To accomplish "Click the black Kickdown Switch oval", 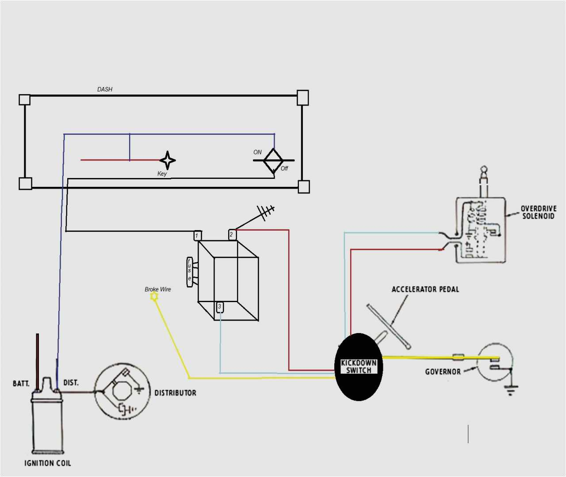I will (x=359, y=367).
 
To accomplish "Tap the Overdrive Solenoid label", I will (x=538, y=212).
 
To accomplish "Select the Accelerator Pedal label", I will (x=425, y=289).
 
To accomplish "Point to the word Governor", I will (x=443, y=371).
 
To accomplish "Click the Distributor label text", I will (x=175, y=393).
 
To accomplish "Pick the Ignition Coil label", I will (x=47, y=463).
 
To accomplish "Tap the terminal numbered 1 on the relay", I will (x=197, y=235).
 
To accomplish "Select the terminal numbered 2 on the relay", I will (x=232, y=235).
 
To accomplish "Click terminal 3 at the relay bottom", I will (x=220, y=307).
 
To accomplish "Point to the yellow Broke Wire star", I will (x=154, y=297).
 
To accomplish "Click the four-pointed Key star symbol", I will (x=168, y=160).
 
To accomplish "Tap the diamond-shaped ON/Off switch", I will (x=273, y=160).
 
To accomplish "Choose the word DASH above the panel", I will (x=105, y=89).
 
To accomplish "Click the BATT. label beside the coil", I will (x=21, y=383).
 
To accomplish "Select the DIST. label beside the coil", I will (x=71, y=382).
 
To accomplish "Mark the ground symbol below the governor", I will (x=511, y=389).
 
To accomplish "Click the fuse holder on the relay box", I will (x=190, y=272).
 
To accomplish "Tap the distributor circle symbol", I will (x=122, y=392).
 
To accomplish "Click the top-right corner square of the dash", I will (x=302, y=98).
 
